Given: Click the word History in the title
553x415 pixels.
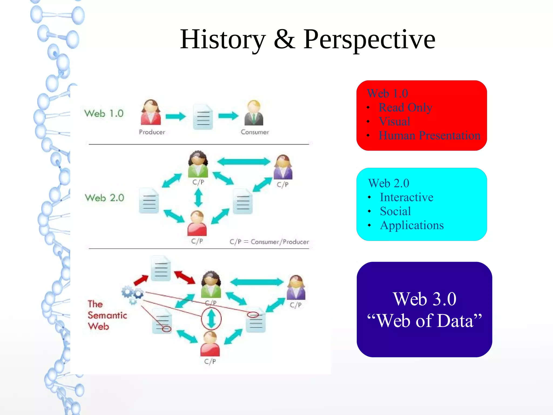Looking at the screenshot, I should coord(223,40).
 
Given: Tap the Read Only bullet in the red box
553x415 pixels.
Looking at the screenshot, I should coord(405,107).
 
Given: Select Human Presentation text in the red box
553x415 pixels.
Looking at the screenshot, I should coord(429,135).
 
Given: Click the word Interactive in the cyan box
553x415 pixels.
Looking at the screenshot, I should coord(406,197).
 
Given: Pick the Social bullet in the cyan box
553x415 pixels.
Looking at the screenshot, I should coord(395,211).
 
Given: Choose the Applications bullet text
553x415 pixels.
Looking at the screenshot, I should coord(412,225).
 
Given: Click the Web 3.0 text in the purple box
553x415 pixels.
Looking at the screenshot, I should coord(424,299).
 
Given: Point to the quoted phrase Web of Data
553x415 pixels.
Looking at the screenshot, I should coord(424,321).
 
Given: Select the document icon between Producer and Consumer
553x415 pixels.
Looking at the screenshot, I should coord(203,117).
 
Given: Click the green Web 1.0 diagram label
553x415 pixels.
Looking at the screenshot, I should coord(104,113).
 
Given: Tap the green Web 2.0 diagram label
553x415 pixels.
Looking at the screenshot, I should coord(104,198).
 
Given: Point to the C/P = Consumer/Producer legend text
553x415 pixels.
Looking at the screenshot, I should coord(269,242).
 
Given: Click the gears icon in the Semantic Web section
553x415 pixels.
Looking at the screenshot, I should coord(132,294).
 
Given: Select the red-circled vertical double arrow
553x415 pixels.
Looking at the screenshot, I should coord(211,319).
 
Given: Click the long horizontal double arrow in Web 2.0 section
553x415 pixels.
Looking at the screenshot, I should coord(243,162).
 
